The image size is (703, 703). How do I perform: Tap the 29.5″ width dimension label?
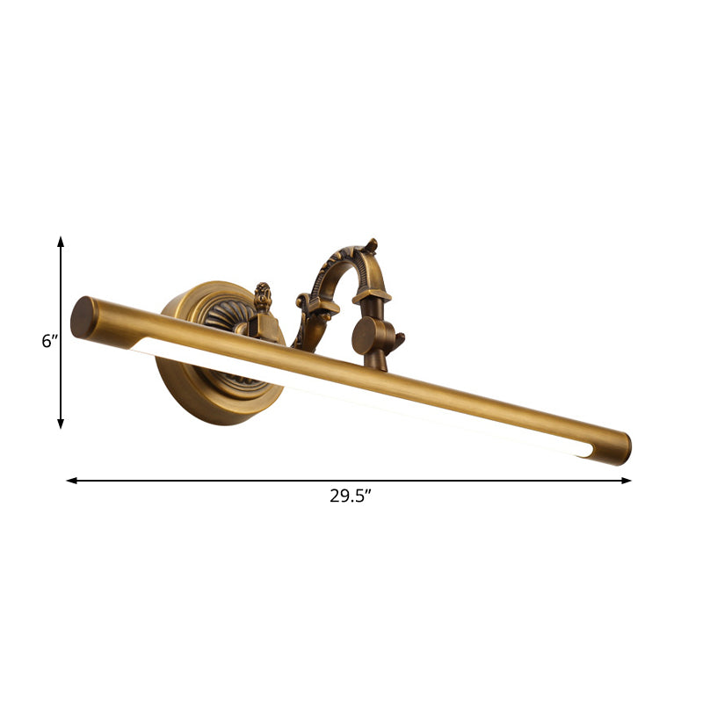pos(351,496)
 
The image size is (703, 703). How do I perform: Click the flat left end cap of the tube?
pos(83,317)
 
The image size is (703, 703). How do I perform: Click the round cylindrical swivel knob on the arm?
pos(366,335)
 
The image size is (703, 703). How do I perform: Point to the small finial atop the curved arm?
pos(373,243)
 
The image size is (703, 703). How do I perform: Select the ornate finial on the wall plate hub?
pos(261,296)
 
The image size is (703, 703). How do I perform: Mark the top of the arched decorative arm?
pos(347,255)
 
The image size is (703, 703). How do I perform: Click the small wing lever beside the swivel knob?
pos(395,339)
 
